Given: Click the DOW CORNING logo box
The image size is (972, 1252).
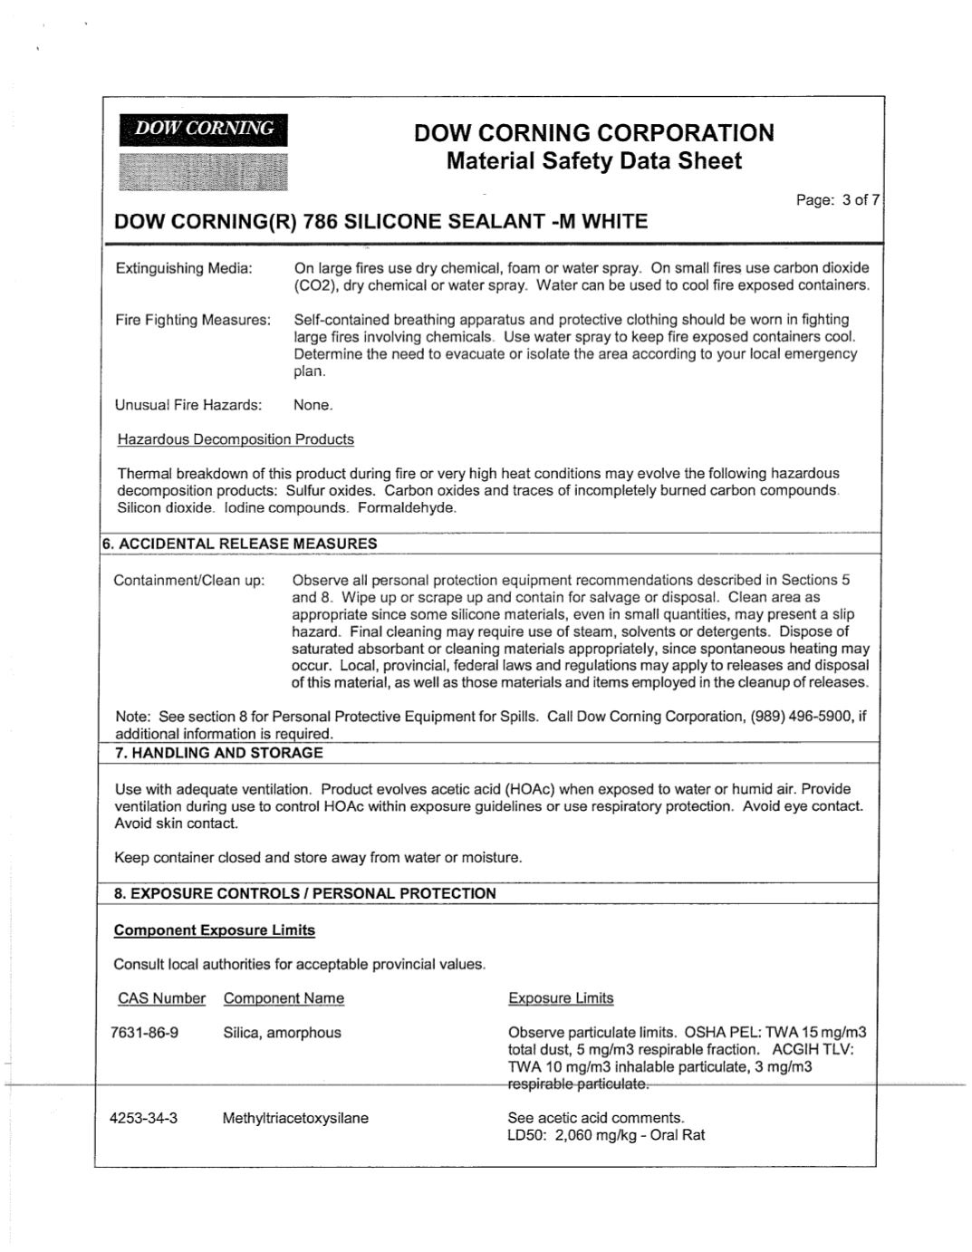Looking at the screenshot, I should pos(203,130).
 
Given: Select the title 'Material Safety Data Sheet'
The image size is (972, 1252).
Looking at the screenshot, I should pos(593,161).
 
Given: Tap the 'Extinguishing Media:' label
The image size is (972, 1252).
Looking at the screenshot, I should pos(184,268).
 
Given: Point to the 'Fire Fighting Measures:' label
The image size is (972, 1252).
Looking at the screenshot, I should pos(193,320).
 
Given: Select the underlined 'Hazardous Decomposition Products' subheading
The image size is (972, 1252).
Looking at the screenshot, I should pos(236,439).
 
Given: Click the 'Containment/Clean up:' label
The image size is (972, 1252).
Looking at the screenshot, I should pos(189,580).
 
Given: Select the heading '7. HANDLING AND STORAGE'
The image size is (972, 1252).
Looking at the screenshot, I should pos(218,753).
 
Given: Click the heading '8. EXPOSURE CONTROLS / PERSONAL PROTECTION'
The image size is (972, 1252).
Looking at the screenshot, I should pos(305,893).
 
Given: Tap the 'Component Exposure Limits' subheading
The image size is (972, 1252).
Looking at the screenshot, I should pos(215,930).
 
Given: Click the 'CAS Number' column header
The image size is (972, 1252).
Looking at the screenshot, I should pos(161,998).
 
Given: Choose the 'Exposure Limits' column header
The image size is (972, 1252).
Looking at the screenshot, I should pos(561,998).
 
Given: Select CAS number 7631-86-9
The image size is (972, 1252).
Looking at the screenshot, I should pos(144,1033).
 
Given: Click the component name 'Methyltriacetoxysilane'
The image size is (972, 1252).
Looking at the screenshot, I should pos(295,1118).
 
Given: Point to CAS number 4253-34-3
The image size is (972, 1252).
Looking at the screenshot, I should pos(143,1118).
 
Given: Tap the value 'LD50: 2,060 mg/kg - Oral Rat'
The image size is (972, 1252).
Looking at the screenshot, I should pos(606,1135).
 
